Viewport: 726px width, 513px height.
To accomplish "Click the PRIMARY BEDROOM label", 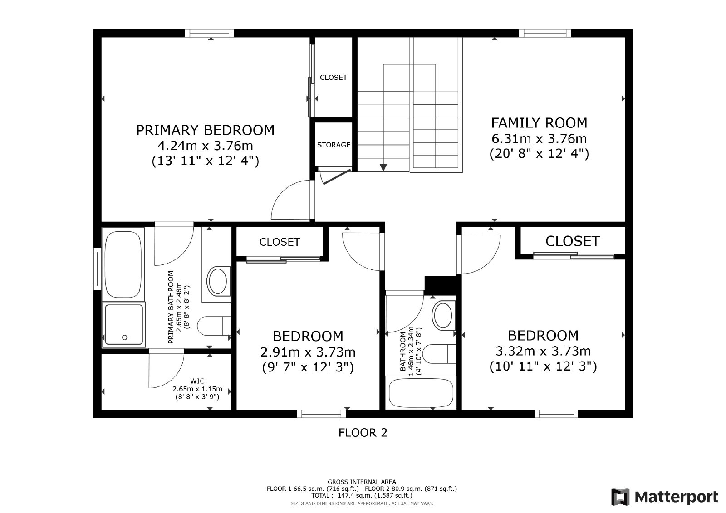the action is pos(205,130).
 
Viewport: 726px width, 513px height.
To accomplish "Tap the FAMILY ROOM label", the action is pos(539,123).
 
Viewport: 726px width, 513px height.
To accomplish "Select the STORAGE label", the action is pos(334,145).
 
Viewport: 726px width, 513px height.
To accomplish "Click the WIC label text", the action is pos(197,381).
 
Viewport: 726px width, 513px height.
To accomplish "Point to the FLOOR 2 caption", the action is pos(363,433).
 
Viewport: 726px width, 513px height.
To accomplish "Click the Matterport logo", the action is pos(665,497).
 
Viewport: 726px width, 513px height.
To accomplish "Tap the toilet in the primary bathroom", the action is pos(214,326).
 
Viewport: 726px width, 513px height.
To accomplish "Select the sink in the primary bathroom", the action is pos(218,281).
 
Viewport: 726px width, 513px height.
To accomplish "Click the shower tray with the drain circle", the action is pos(123,325).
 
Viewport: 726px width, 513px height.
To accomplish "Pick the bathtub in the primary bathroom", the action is pos(123,264).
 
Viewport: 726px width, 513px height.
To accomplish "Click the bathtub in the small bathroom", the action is pos(421,393).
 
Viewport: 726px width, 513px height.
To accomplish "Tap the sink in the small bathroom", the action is pos(443,315).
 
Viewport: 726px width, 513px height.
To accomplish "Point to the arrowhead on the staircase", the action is pos(383,167).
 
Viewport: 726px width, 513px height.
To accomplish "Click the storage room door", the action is pos(336,176).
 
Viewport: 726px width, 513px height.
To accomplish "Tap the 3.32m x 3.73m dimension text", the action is pos(543,351).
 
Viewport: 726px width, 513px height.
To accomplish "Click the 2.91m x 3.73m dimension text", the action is pos(308,352).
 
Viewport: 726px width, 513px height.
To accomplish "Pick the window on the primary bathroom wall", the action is pos(97,269).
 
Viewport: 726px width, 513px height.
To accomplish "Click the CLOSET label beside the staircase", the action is pos(334,78).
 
